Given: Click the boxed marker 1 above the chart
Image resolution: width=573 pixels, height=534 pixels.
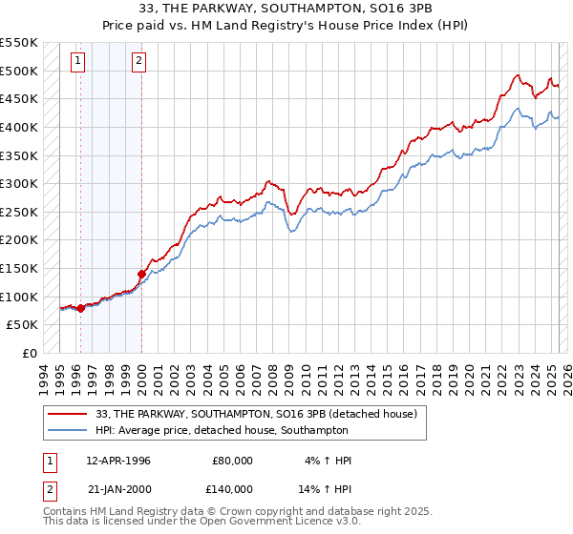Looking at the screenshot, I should (x=77, y=62).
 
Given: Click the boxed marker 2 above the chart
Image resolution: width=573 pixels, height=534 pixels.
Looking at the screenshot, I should (x=138, y=62).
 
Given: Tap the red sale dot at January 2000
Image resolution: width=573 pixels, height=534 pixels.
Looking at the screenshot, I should (x=141, y=274).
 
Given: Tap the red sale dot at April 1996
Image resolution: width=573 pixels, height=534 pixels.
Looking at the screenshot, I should (x=80, y=308).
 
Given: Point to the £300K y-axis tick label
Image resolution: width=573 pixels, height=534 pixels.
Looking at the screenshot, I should (x=20, y=183).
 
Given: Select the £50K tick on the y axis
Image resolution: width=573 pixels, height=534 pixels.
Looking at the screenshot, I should (x=24, y=325).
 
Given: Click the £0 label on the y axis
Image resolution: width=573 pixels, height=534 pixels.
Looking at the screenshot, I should (x=30, y=353).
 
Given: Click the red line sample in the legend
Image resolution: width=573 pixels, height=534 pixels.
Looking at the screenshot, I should (x=67, y=415).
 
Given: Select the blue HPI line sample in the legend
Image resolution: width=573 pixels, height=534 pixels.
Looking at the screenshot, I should (x=67, y=431).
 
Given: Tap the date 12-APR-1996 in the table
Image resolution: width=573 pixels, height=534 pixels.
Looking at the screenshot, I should (x=118, y=461).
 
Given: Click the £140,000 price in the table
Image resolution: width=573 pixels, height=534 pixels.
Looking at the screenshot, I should (x=233, y=488).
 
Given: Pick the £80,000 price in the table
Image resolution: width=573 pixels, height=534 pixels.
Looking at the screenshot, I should (x=233, y=461).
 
